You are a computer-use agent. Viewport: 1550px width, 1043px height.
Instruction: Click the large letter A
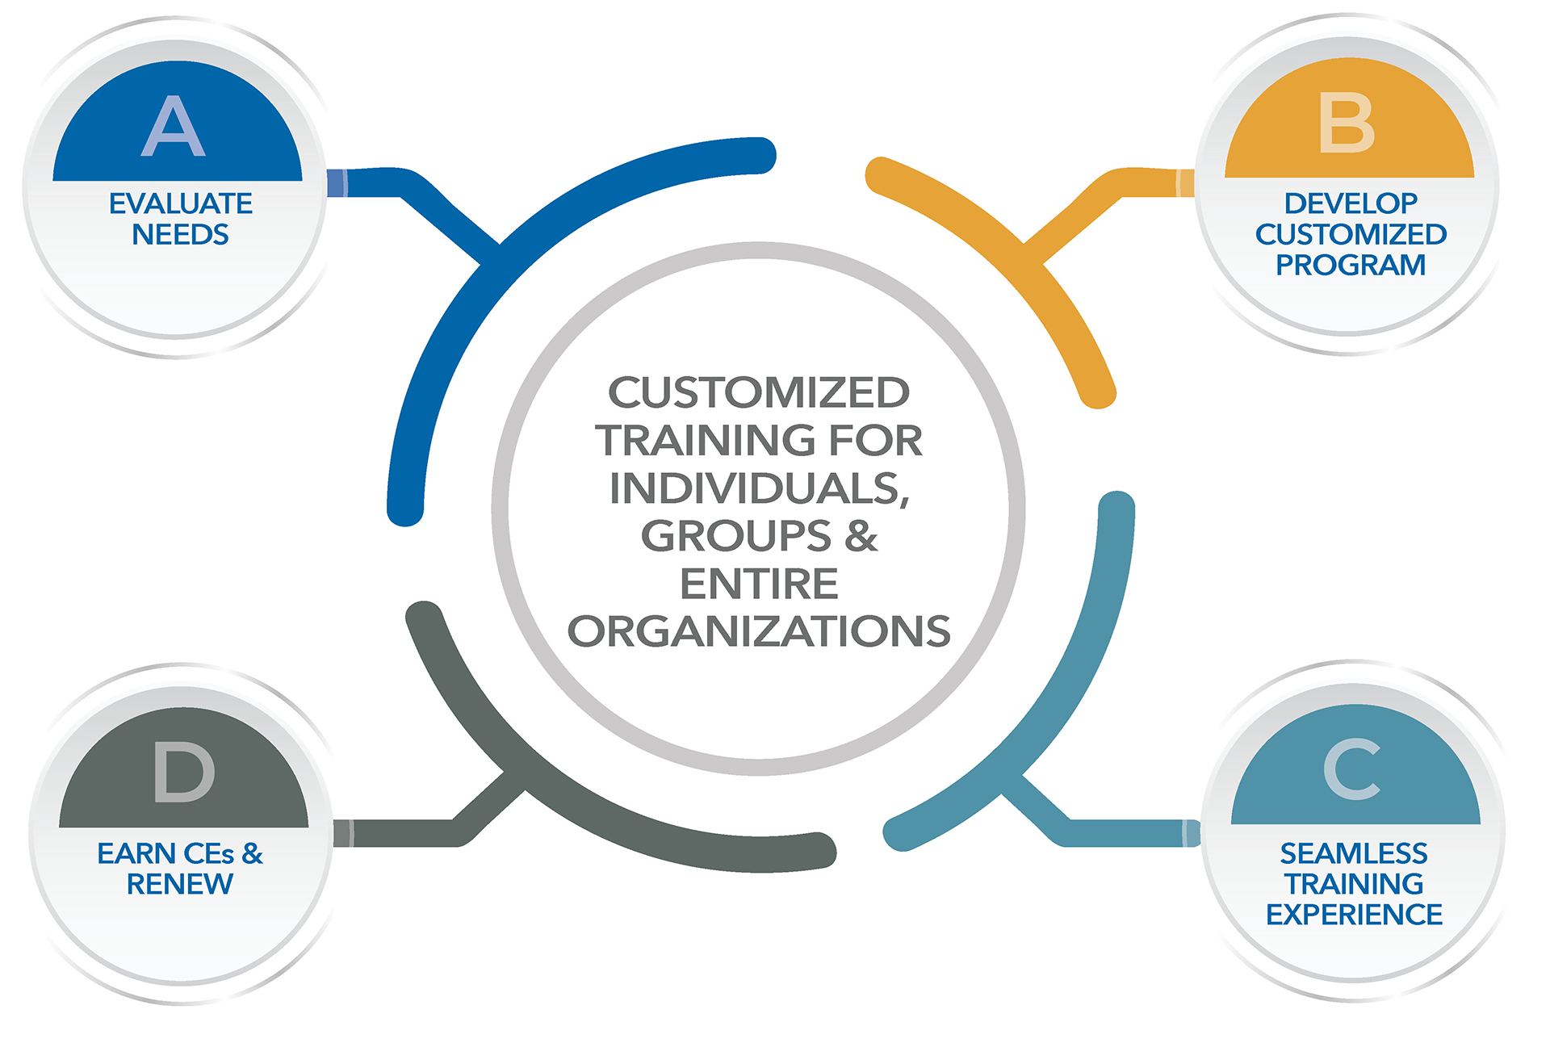click(x=174, y=126)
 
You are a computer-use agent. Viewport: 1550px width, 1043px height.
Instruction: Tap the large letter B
click(x=1346, y=123)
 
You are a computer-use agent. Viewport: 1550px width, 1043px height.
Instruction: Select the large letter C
click(x=1351, y=769)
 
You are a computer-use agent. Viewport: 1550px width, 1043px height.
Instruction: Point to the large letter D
click(x=184, y=773)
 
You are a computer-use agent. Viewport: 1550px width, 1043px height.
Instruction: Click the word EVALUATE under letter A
click(x=181, y=203)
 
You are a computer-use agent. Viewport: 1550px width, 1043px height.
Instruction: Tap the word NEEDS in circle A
click(x=180, y=235)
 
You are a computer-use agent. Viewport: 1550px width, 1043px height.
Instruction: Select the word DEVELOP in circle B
click(x=1351, y=203)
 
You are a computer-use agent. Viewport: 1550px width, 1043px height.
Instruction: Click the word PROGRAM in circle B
click(x=1351, y=266)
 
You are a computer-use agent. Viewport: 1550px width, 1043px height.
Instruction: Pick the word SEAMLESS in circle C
click(x=1354, y=853)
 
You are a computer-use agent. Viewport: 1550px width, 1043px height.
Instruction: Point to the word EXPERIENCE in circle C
click(x=1354, y=915)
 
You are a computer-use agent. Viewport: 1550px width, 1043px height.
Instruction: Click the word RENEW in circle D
click(x=180, y=885)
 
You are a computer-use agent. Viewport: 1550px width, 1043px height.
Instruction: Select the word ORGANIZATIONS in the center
click(x=759, y=631)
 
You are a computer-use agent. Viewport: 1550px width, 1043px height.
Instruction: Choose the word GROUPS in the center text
click(x=735, y=536)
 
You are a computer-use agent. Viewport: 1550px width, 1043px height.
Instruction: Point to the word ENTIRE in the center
click(x=759, y=584)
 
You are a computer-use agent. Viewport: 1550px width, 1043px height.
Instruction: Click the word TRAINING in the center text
click(x=706, y=441)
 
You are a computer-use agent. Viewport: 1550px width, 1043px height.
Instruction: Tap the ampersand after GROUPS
click(x=861, y=536)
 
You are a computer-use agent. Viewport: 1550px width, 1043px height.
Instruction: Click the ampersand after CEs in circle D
click(x=253, y=854)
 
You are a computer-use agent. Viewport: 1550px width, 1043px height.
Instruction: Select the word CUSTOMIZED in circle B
click(x=1351, y=235)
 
